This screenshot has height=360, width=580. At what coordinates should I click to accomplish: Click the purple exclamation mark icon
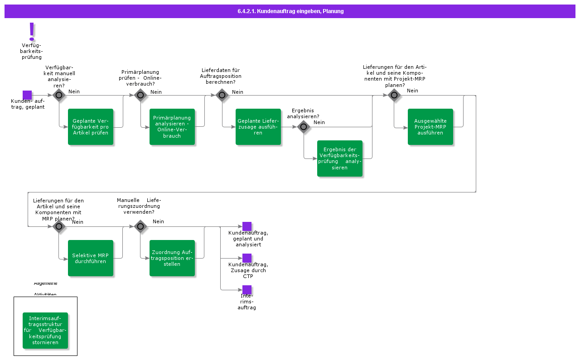pyautogui.click(x=32, y=32)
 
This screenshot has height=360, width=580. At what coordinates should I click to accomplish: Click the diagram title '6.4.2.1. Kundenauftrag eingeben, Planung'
pyautogui.click(x=290, y=11)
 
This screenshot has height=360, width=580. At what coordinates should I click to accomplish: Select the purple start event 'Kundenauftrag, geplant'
pyautogui.click(x=27, y=95)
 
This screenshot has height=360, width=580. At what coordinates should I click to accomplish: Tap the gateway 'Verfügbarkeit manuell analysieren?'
pyautogui.click(x=59, y=95)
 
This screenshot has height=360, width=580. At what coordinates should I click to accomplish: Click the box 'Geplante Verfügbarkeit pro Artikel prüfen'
pyautogui.click(x=91, y=127)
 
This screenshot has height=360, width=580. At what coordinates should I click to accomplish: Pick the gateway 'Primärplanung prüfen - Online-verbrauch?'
pyautogui.click(x=140, y=95)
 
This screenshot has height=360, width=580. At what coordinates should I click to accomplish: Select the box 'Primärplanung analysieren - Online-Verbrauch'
pyautogui.click(x=172, y=127)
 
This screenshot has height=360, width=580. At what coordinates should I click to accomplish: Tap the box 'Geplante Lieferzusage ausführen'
pyautogui.click(x=258, y=127)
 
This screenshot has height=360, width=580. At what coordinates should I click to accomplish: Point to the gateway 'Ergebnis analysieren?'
pyautogui.click(x=304, y=127)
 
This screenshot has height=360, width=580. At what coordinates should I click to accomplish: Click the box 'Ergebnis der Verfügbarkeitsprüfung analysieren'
pyautogui.click(x=340, y=158)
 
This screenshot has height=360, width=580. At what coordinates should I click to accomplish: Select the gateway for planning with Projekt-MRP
pyautogui.click(x=394, y=95)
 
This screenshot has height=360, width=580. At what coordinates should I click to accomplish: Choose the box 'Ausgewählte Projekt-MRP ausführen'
pyautogui.click(x=430, y=127)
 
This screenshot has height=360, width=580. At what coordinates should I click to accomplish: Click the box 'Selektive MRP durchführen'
pyautogui.click(x=91, y=258)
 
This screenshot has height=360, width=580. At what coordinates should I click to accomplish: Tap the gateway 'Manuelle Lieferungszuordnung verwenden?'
pyautogui.click(x=140, y=226)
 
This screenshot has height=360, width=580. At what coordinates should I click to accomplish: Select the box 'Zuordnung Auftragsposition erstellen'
pyautogui.click(x=172, y=258)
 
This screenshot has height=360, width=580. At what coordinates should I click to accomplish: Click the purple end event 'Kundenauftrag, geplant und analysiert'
pyautogui.click(x=247, y=226)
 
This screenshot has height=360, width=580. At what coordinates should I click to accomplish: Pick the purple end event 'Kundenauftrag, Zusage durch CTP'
pyautogui.click(x=247, y=258)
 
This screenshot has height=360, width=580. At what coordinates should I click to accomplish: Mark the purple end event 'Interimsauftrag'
pyautogui.click(x=247, y=290)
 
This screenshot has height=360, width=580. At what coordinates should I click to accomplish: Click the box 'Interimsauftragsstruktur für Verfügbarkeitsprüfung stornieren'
pyautogui.click(x=45, y=331)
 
